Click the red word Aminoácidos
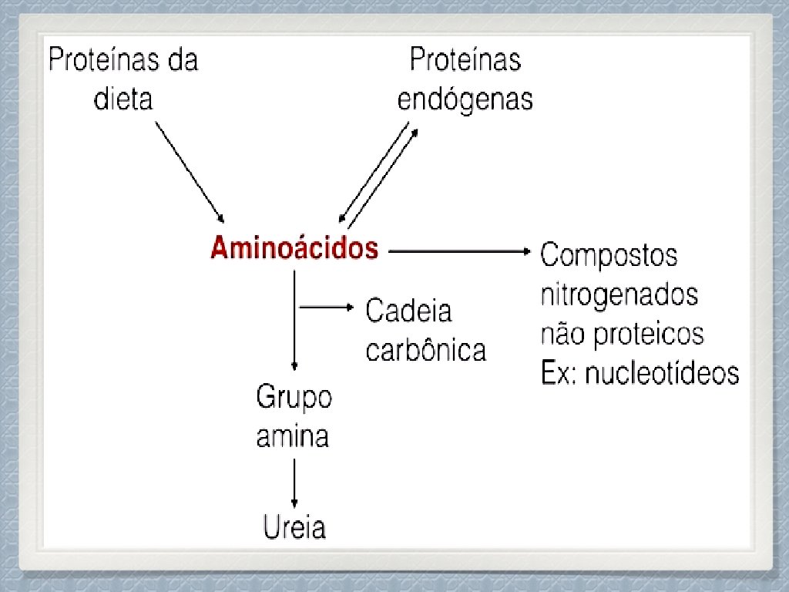coord(294,248)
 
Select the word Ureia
coord(294,528)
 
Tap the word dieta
coord(123,99)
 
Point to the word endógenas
coord(465,99)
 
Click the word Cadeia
coord(408,311)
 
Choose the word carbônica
coord(425,350)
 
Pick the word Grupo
coord(294,399)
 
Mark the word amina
coord(292,437)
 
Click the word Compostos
coord(609,255)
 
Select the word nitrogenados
coord(619,294)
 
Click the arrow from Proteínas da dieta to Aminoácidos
coord(190,172)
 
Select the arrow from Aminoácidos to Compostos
coord(459,251)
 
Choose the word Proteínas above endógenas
coord(465,60)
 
